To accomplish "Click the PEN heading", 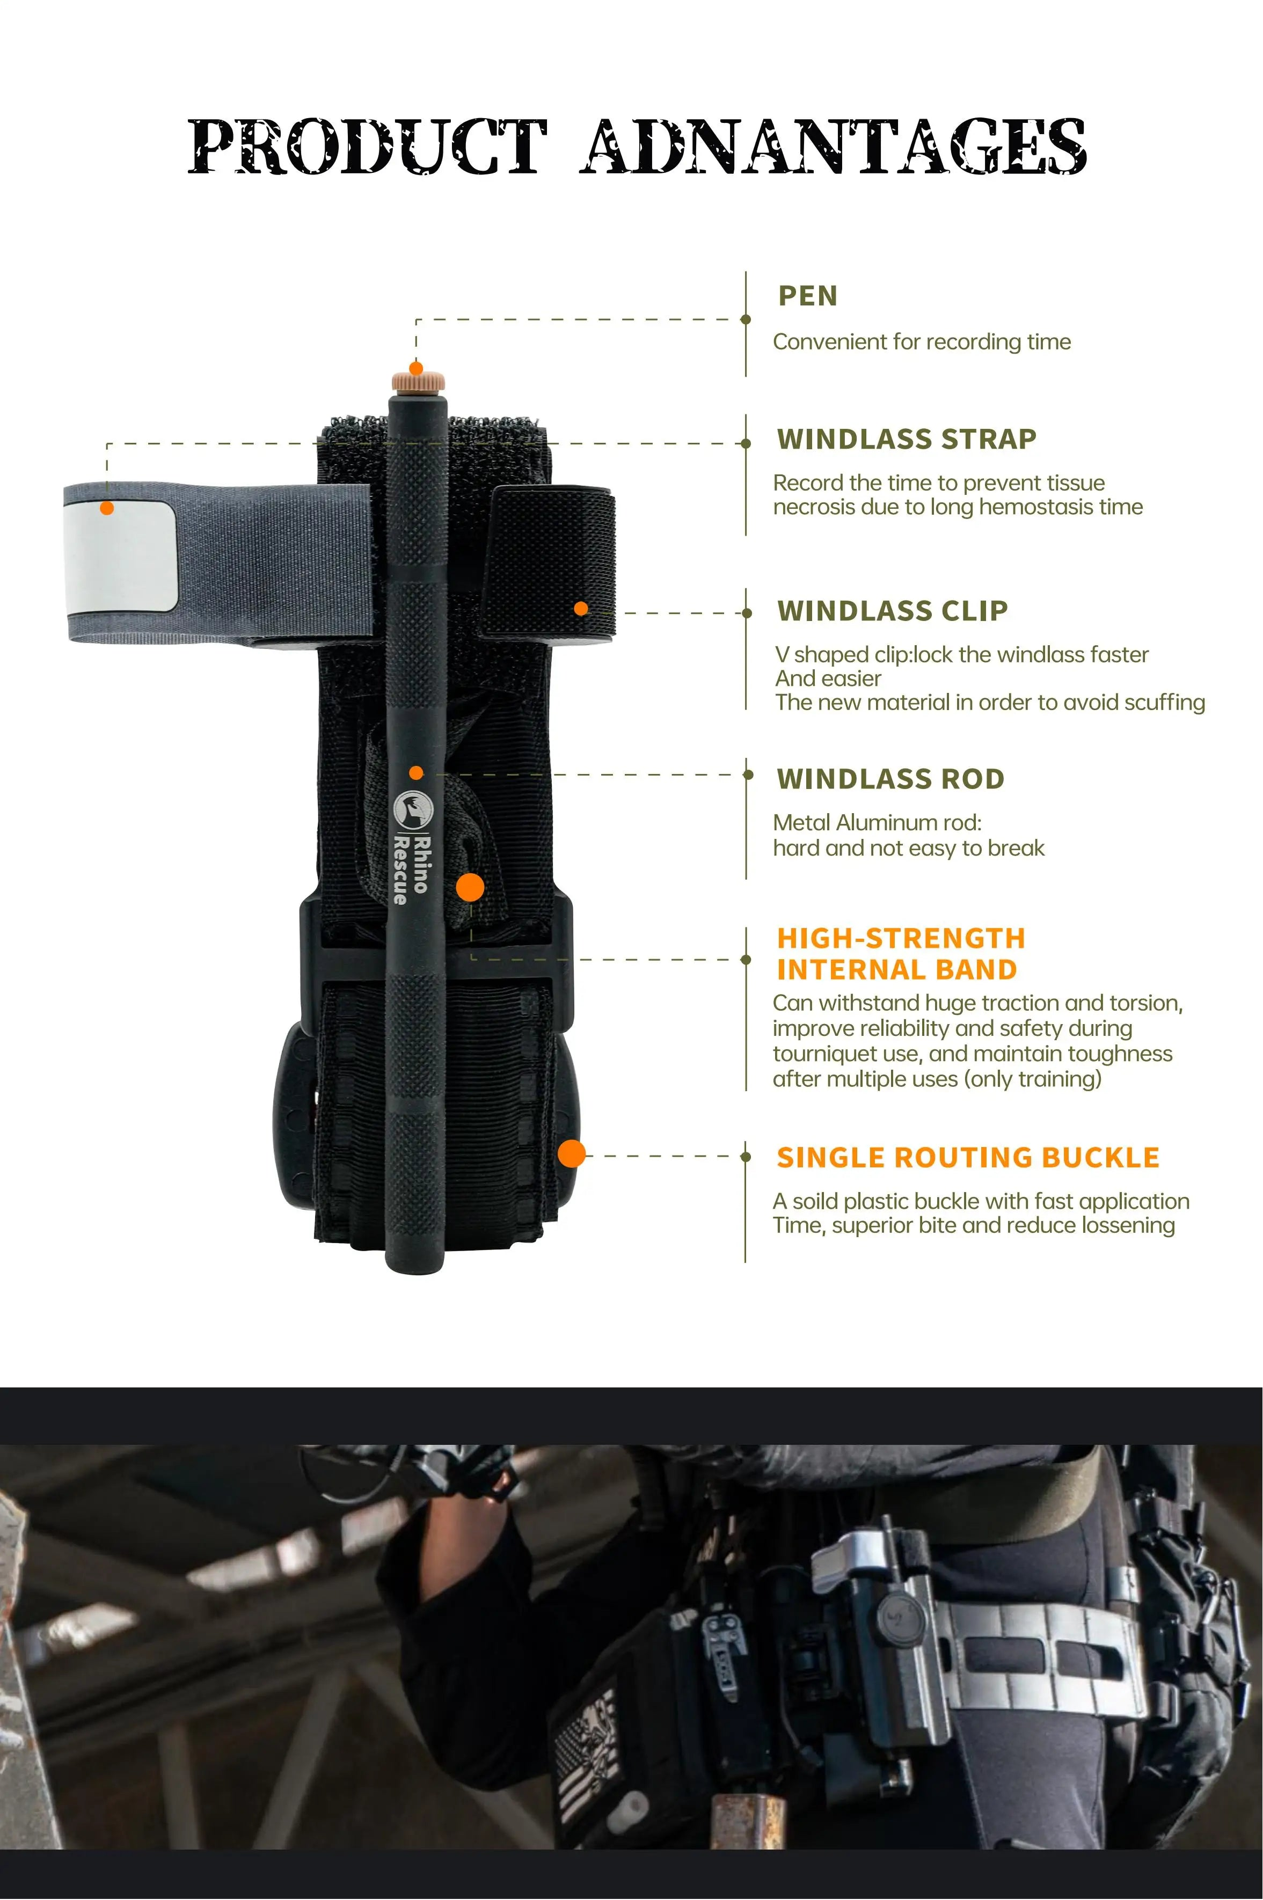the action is point(808,296).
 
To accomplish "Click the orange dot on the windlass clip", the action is point(581,609).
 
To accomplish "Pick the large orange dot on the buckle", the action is point(572,1153).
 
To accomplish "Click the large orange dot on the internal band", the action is point(470,888).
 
